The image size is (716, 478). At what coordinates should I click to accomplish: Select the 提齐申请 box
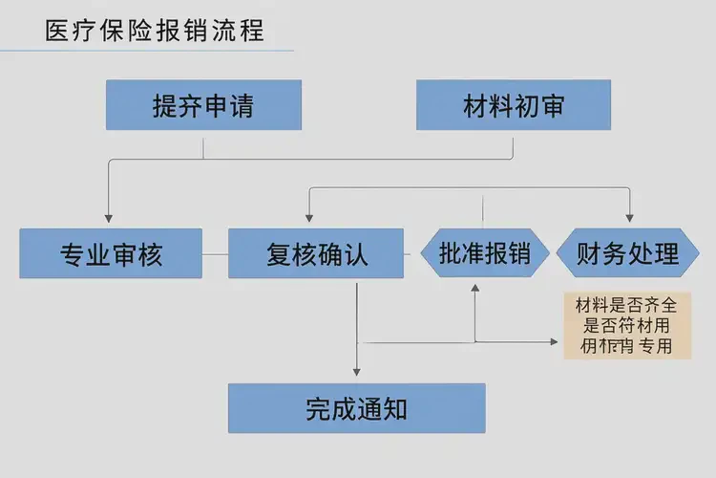(x=203, y=105)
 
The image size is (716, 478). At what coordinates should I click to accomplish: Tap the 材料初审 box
(x=514, y=105)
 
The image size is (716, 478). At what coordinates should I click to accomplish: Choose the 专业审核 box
(x=111, y=253)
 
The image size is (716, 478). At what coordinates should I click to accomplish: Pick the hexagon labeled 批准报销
(x=485, y=253)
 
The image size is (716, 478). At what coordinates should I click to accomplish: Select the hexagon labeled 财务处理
(x=628, y=253)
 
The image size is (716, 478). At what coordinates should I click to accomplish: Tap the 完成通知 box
(x=356, y=408)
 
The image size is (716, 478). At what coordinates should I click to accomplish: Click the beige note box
(x=627, y=325)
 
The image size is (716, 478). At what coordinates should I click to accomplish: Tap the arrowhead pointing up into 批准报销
(x=474, y=287)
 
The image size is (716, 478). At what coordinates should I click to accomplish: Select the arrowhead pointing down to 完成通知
(x=356, y=370)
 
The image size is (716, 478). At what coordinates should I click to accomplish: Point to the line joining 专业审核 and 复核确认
(x=215, y=253)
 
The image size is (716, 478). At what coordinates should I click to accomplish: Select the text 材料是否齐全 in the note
(x=626, y=306)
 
